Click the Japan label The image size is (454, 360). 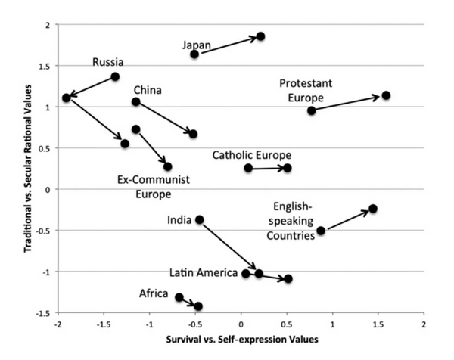click(196, 45)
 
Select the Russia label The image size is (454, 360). click(108, 62)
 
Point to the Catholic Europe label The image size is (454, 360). click(251, 155)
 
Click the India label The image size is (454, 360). click(180, 220)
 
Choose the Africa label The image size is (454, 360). click(154, 293)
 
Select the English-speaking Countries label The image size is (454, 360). click(291, 219)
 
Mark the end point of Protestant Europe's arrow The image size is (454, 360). click(386, 95)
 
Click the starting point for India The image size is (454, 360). click(200, 219)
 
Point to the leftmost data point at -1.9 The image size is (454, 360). click(67, 98)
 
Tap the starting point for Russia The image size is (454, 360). click(115, 76)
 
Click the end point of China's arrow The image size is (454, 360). click(193, 134)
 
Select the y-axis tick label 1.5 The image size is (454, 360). click(47, 66)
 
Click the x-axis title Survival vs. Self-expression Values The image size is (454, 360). click(241, 340)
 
